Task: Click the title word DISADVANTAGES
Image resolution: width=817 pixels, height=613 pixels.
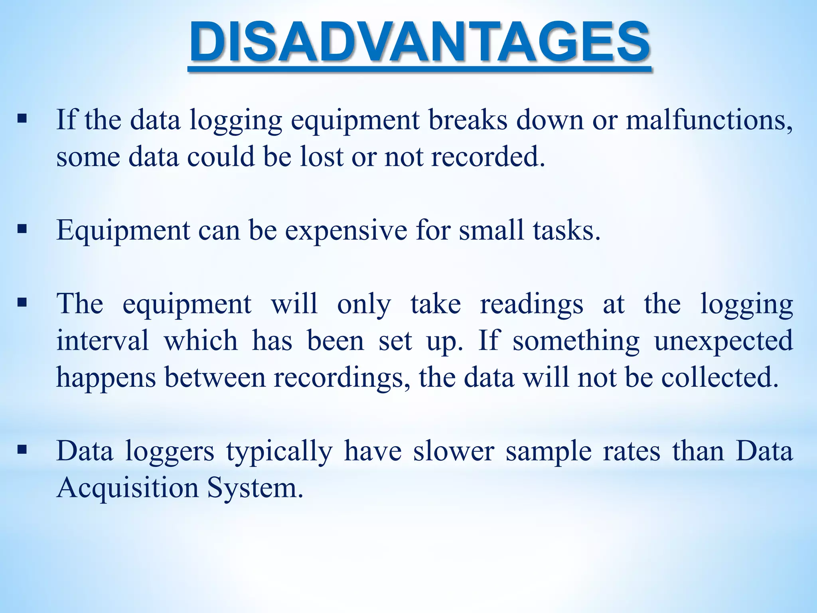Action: click(420, 42)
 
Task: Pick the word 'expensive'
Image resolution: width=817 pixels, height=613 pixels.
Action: click(346, 231)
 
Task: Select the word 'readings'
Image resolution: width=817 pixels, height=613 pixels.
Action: click(531, 304)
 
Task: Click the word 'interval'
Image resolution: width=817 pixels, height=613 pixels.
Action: click(103, 341)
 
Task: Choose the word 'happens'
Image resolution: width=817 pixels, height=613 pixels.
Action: click(106, 378)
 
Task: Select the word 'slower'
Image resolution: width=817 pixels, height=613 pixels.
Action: click(454, 451)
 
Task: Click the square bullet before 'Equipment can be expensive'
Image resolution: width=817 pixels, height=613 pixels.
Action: click(22, 229)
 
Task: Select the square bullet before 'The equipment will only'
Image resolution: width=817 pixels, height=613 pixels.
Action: click(22, 302)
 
